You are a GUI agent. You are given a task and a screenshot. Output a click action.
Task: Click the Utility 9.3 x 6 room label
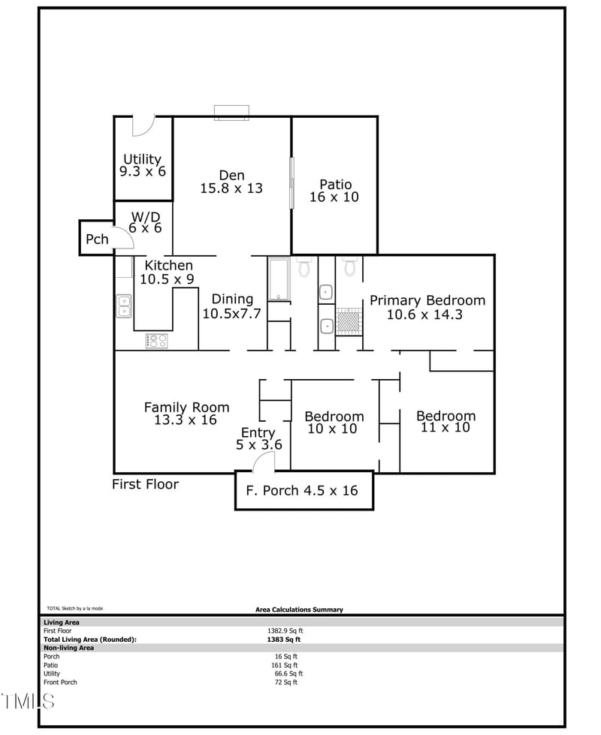pyautogui.click(x=143, y=165)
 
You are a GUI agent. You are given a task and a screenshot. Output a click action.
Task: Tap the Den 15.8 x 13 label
pyautogui.click(x=231, y=182)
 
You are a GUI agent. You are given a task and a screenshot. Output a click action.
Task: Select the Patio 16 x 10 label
pyautogui.click(x=334, y=191)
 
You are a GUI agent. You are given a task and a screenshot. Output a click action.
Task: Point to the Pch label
pyautogui.click(x=97, y=239)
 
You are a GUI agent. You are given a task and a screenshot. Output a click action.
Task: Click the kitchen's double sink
pyautogui.click(x=123, y=306)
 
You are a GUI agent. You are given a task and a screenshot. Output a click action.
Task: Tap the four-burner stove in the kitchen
pyautogui.click(x=156, y=341)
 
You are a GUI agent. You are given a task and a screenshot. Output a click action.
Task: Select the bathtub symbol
pyautogui.click(x=279, y=279)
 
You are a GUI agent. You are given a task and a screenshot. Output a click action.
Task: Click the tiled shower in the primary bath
pyautogui.click(x=349, y=321)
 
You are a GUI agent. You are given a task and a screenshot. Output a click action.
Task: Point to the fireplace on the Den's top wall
pyautogui.click(x=231, y=113)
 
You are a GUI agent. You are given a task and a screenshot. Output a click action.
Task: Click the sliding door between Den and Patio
pyautogui.click(x=291, y=182)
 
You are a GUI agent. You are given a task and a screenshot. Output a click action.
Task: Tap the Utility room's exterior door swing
pyautogui.click(x=143, y=126)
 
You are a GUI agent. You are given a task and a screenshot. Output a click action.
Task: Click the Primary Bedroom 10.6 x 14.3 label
pyautogui.click(x=427, y=307)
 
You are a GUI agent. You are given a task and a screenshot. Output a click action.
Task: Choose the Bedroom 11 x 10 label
pyautogui.click(x=445, y=422)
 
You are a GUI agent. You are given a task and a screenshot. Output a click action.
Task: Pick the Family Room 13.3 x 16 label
pyautogui.click(x=186, y=414)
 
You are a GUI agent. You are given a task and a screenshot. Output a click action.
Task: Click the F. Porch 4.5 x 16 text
pyautogui.click(x=302, y=491)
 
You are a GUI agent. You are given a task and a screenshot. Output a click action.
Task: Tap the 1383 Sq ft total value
pyautogui.click(x=284, y=640)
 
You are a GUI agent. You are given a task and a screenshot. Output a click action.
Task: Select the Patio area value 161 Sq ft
pyautogui.click(x=285, y=665)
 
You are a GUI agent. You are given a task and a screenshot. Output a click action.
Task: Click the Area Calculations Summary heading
pyautogui.click(x=299, y=610)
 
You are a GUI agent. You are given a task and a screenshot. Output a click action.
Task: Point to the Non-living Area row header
pyautogui.click(x=68, y=648)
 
